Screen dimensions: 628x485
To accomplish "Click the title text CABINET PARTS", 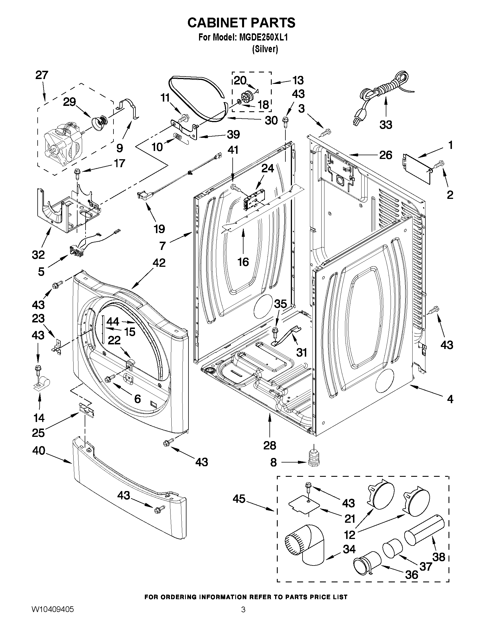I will pos(241,23).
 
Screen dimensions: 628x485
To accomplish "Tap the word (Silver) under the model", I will pos(265,49).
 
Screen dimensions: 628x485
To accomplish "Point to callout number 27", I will pos(42,75).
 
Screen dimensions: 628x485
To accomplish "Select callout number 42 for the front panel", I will pos(159,263).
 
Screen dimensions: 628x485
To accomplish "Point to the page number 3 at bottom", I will pos(243,617).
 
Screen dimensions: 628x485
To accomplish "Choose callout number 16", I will pos(243,262).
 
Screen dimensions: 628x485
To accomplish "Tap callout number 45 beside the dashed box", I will pos(239,507).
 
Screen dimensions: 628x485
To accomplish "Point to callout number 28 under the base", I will pos(269,445).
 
